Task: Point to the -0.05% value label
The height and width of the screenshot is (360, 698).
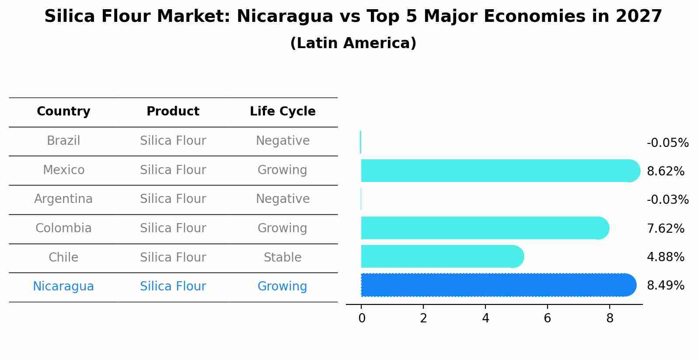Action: tap(667, 143)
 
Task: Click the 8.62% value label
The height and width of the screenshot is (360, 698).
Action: tap(665, 171)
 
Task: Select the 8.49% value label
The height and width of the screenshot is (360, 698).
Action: tap(665, 286)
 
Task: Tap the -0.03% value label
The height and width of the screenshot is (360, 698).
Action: tap(667, 200)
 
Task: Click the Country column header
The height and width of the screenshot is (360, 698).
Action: tap(63, 112)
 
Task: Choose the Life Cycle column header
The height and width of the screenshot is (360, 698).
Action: tap(283, 112)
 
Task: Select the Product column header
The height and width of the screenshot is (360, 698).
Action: tap(173, 112)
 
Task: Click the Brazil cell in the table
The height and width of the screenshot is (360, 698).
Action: tap(63, 141)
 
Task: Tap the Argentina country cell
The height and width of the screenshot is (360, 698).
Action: tap(63, 199)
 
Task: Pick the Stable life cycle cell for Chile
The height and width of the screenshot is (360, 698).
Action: tap(283, 258)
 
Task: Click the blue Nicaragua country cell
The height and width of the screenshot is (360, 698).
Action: tap(63, 287)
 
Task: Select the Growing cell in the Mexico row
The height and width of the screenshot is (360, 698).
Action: tap(283, 170)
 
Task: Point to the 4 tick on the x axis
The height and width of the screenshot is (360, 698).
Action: tap(485, 318)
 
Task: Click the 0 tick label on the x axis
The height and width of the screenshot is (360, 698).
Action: tap(362, 318)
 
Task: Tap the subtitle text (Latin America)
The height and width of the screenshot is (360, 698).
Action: tap(353, 43)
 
